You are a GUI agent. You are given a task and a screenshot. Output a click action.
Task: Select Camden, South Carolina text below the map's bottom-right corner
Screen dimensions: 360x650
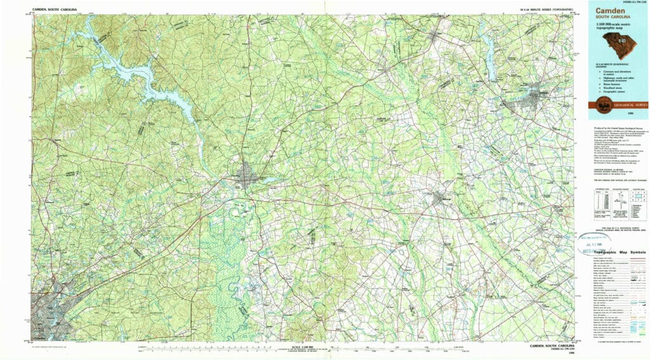[551, 346]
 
